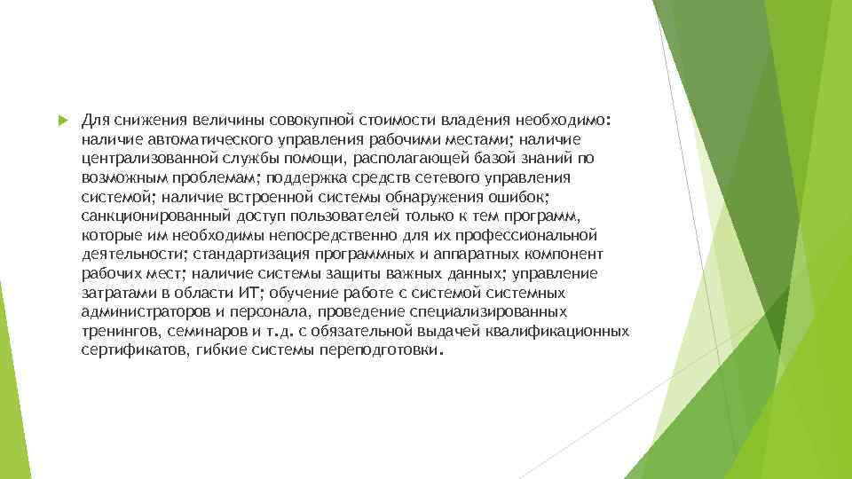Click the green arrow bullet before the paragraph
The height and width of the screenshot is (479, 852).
point(62,119)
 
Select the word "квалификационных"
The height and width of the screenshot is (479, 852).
point(557,331)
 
